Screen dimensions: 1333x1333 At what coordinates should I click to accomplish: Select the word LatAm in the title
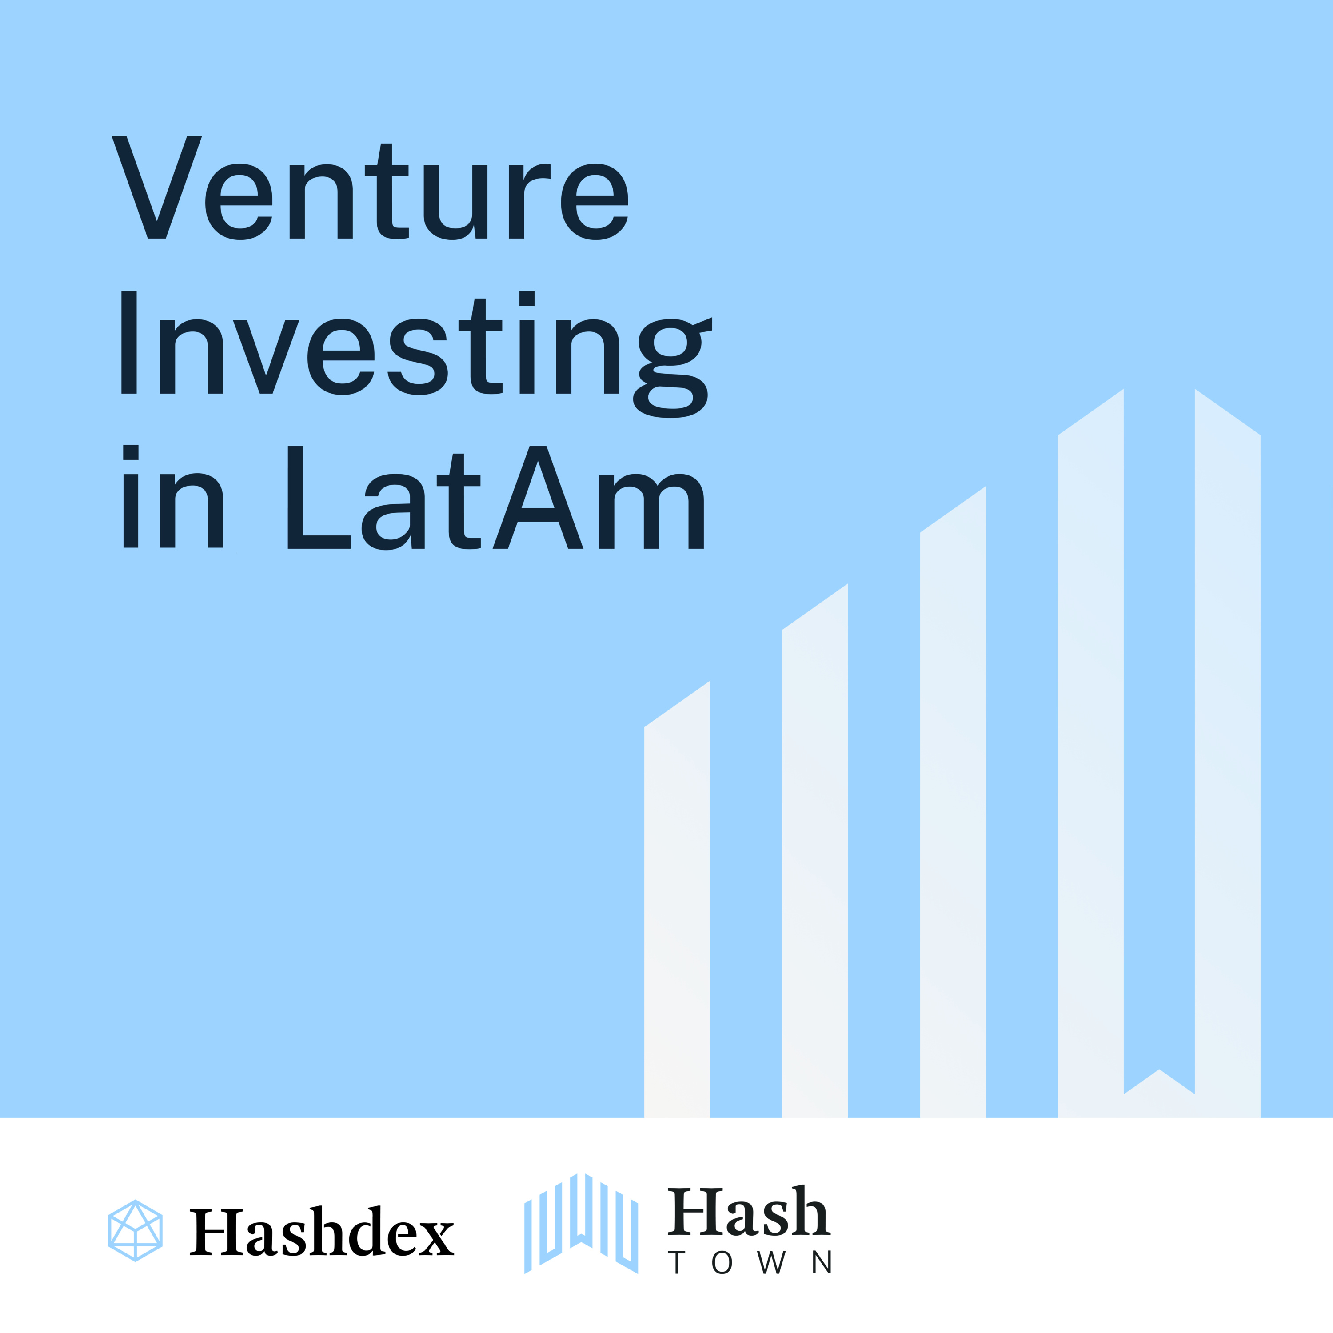tap(496, 498)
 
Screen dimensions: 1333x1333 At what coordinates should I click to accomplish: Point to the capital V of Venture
tap(156, 187)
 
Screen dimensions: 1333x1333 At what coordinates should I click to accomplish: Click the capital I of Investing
tap(129, 342)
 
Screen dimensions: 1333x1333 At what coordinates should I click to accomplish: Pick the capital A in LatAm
tap(538, 498)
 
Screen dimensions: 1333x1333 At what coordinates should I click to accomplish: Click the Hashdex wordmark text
tap(322, 1232)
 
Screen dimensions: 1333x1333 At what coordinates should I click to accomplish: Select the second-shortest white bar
tap(815, 850)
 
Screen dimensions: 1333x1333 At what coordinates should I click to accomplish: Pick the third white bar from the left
tap(953, 802)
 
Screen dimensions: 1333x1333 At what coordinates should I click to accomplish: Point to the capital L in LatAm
tap(319, 498)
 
